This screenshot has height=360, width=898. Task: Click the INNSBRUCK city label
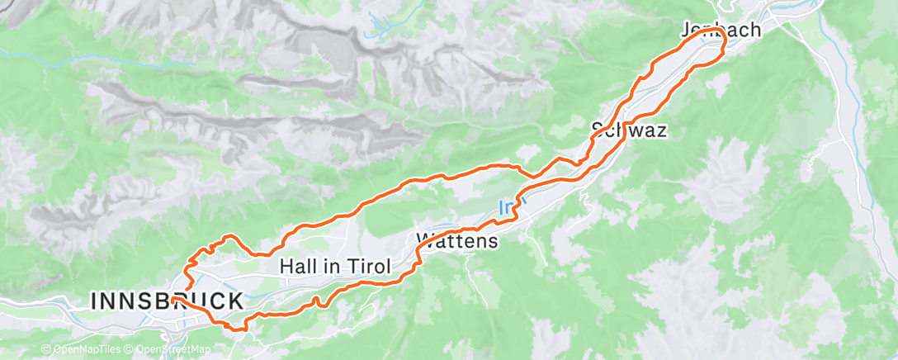point(167,301)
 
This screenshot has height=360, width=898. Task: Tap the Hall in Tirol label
point(334,267)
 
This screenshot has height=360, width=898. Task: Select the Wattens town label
point(459,241)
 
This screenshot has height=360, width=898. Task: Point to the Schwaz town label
point(629,130)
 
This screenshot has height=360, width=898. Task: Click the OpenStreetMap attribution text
point(171,350)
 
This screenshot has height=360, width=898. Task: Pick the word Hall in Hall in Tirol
point(297,267)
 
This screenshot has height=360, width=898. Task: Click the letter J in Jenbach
point(687,31)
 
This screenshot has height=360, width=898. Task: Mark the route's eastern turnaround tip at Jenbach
point(724,50)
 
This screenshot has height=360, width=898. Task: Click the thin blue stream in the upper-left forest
point(41,51)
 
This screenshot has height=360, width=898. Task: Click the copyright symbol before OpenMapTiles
point(46,350)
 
